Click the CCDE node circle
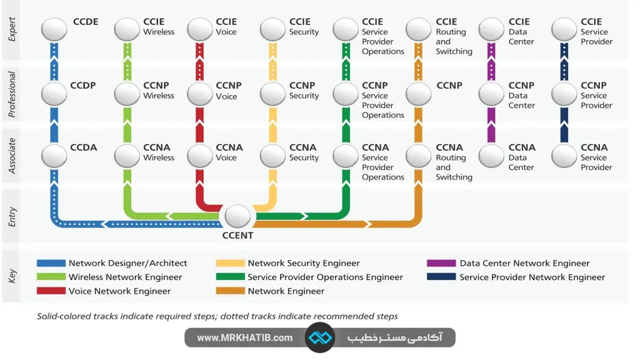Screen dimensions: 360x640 pos(54,29)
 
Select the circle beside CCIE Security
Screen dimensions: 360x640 pos(272,29)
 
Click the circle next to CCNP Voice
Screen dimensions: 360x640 pos(200,94)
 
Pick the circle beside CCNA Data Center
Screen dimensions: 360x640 pos(491,156)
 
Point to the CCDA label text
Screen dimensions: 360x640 pos(84,147)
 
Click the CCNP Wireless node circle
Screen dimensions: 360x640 pos(127,94)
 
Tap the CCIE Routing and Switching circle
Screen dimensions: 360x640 pos(418,29)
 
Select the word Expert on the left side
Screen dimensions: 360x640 pos(12,29)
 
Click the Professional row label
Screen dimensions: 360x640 pos(12,94)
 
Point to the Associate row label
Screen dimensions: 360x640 pos(12,156)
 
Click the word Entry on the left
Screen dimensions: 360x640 pos(12,216)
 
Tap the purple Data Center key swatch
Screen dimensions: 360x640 pos(441,264)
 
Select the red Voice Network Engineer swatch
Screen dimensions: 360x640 pos(51,291)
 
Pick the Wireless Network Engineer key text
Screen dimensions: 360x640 pos(125,277)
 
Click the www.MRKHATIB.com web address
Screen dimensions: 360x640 pos(244,337)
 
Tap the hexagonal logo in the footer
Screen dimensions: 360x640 pos(320,337)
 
